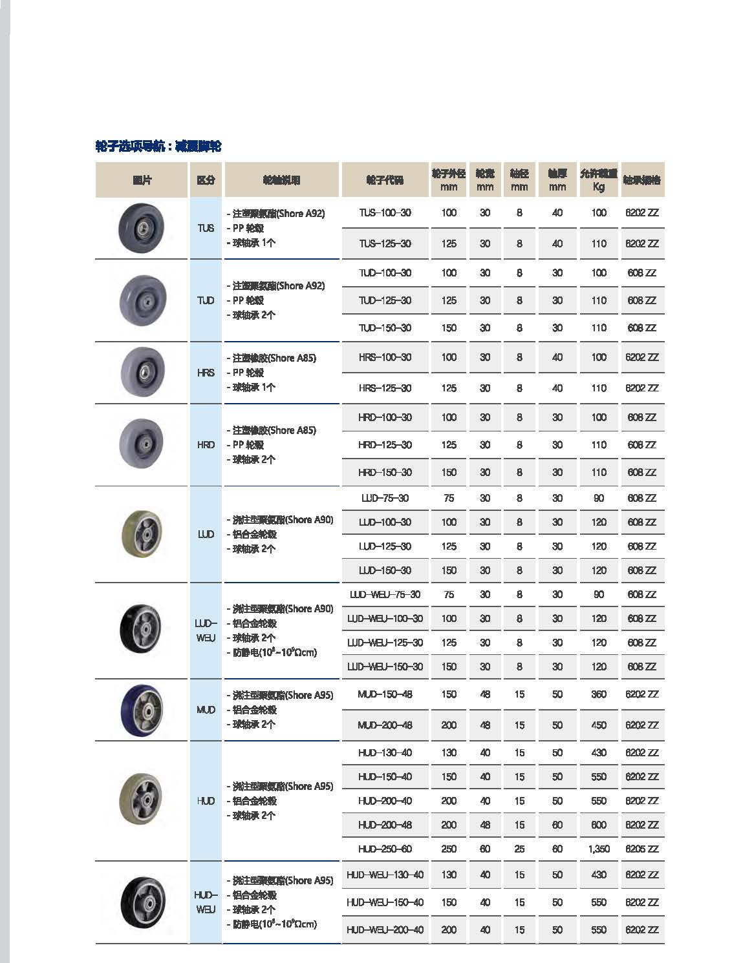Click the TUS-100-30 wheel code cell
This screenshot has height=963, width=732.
click(385, 213)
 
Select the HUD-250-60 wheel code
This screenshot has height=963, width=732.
click(385, 849)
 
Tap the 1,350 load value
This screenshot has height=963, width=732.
click(599, 849)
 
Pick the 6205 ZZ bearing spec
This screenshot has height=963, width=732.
click(641, 849)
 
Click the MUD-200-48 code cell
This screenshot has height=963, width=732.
click(385, 725)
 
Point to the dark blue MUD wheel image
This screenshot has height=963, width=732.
click(142, 710)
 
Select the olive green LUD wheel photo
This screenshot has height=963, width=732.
click(142, 533)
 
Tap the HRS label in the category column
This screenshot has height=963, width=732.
click(206, 373)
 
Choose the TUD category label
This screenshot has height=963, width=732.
click(206, 300)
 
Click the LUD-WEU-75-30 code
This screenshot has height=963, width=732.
click(385, 595)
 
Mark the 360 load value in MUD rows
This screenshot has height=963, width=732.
click(599, 695)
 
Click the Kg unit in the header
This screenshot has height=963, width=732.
click(599, 187)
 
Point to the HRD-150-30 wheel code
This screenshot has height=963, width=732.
click(385, 473)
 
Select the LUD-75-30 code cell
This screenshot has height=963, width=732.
click(385, 499)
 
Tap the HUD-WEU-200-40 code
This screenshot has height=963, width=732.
click(385, 930)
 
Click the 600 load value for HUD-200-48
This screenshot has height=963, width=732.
click(599, 825)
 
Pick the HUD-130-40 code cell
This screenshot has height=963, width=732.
click(385, 753)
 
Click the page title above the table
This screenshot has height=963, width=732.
click(158, 147)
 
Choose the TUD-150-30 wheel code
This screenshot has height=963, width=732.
click(385, 328)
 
